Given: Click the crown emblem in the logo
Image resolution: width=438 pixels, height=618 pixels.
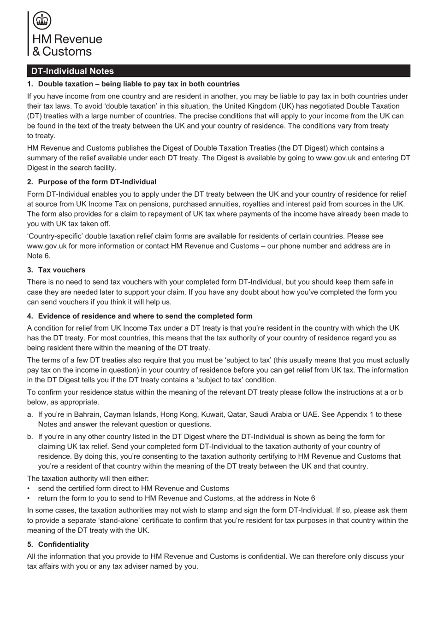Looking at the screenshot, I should click(42, 21).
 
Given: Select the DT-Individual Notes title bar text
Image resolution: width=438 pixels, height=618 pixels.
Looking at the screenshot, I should click(72, 71).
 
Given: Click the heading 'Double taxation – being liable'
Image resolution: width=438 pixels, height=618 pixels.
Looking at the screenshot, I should click(138, 84).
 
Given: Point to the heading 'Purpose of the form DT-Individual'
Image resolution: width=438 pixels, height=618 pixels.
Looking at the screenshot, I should click(97, 182).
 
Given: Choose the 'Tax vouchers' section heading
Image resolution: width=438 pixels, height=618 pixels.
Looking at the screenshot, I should click(61, 270).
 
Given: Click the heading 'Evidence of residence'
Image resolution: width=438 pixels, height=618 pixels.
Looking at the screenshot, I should click(145, 316).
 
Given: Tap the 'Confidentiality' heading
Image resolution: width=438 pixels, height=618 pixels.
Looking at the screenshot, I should click(63, 544).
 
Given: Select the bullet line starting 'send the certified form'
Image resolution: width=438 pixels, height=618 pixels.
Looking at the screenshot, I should click(133, 489).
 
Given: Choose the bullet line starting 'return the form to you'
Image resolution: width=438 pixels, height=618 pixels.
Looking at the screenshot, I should click(176, 498).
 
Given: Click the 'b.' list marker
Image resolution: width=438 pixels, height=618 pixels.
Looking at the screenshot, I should click(30, 437).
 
